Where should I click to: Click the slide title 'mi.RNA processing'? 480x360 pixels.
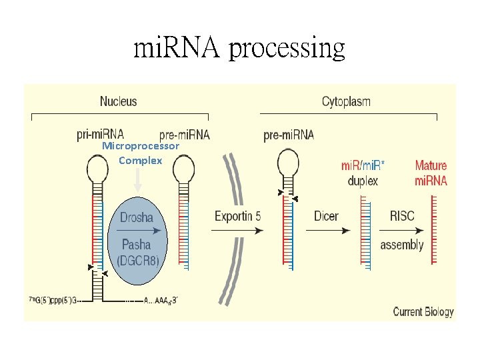coord(239,48)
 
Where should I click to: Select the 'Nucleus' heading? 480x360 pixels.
coord(118,101)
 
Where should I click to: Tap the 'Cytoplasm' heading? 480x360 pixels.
coord(346,101)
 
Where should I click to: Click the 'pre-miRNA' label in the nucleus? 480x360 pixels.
coord(185,135)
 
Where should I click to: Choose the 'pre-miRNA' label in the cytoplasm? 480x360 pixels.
coord(289,135)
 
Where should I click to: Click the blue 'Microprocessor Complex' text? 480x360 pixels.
coord(141,153)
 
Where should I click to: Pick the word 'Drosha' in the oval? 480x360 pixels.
coord(137,217)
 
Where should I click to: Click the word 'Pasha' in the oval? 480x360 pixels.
coord(137,245)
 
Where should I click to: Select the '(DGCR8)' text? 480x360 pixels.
coord(137,261)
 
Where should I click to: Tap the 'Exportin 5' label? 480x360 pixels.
coord(237,216)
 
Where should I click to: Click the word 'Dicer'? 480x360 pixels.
coord(326,216)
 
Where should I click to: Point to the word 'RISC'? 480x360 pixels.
coord(402,216)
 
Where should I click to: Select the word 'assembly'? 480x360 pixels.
coord(402,245)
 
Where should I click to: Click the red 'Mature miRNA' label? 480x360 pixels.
coord(431,173)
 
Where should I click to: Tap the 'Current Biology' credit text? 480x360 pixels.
coord(423,311)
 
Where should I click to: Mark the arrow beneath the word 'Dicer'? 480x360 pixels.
coord(327,231)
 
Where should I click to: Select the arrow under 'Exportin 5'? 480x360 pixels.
coord(237,231)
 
